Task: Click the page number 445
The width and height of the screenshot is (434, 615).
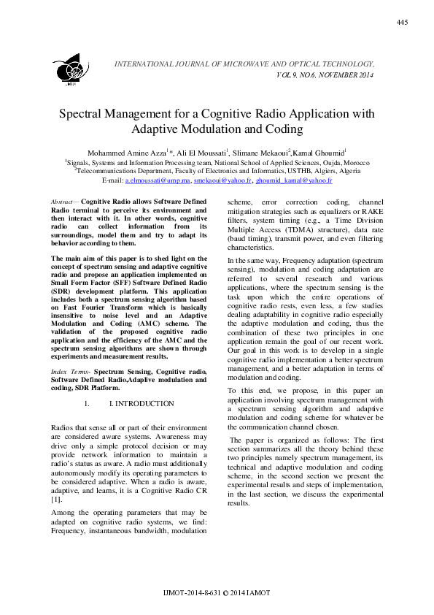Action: coord(402,23)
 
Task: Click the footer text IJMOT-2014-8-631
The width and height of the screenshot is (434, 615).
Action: coord(192,592)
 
